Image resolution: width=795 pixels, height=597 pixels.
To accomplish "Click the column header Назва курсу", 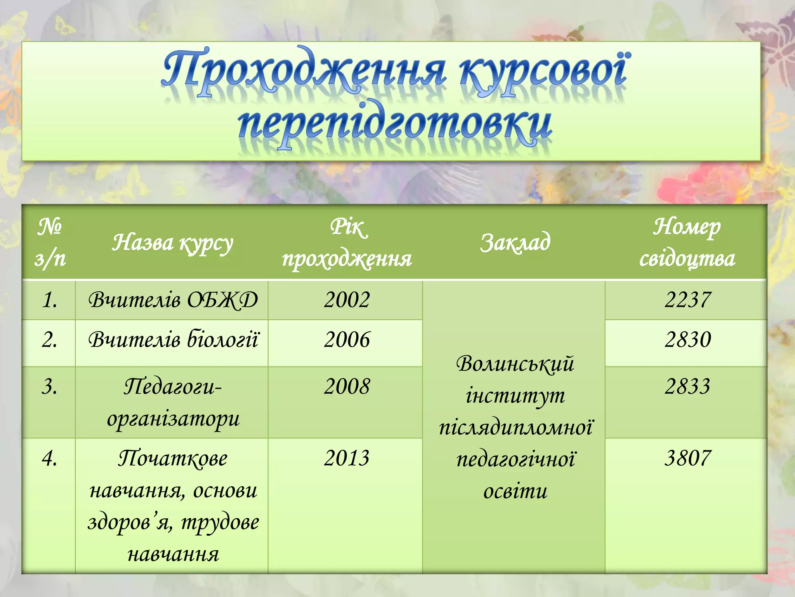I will pos(172,243).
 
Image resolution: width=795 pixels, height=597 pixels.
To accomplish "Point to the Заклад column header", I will pos(515,242).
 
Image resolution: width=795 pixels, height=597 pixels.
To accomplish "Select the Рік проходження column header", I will pos(347,243).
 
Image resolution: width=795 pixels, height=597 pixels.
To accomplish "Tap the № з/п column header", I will pos(50,243).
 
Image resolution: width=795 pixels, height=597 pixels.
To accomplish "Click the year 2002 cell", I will pos(347,300).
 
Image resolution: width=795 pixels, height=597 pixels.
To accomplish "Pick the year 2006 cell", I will pos(347,340).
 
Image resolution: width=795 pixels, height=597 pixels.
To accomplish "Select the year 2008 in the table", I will pos(347,387).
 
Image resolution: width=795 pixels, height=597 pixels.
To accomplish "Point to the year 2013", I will pos(347,458).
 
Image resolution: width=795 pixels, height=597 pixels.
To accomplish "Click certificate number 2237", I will pos(687,300).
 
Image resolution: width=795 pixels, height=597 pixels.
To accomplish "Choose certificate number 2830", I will pos(687,340).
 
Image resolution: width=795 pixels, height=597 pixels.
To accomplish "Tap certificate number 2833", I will pos(687,387).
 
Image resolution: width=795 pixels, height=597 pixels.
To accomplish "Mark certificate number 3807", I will pos(687,458).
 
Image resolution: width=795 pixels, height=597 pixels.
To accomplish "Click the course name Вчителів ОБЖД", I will pos(173,300).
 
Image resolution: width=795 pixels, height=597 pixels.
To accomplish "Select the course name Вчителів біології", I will pos(173,340).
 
